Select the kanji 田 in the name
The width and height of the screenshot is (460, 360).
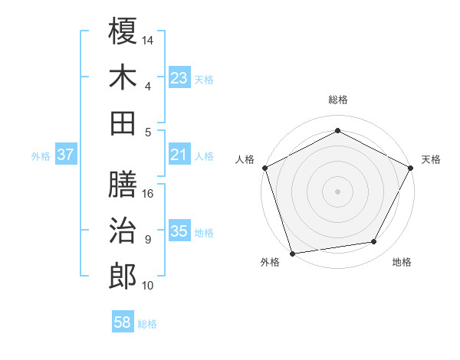click(123, 122)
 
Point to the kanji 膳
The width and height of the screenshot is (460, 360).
click(123, 184)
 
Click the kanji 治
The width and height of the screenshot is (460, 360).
click(123, 230)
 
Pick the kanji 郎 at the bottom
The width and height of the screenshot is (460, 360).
click(123, 276)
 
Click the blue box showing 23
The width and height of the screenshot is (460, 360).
click(179, 78)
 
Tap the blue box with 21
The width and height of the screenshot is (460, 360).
click(179, 155)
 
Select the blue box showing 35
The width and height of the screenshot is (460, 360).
click(179, 232)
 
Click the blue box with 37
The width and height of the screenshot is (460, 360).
click(66, 155)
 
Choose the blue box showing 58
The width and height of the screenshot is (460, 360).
click(123, 323)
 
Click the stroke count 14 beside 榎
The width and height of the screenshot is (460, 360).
click(148, 40)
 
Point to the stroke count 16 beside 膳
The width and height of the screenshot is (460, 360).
click(148, 193)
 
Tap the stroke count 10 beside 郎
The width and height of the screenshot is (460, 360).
click(148, 286)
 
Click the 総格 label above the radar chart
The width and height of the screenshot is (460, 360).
click(338, 100)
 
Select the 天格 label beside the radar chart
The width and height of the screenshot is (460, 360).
click(431, 159)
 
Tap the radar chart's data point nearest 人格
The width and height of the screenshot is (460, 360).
click(264, 167)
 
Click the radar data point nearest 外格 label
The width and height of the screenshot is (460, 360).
click(293, 253)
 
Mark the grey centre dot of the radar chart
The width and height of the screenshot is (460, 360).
click(338, 191)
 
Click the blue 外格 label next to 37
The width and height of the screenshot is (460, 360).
click(41, 156)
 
